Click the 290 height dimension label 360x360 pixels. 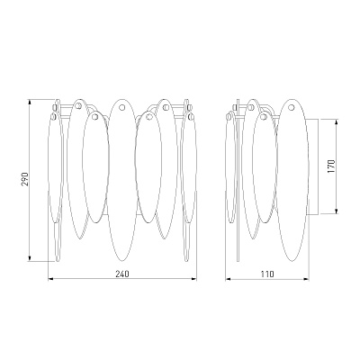[25, 179]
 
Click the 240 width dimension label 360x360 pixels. [122, 274]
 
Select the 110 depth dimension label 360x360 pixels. [267, 274]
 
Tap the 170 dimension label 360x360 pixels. [331, 166]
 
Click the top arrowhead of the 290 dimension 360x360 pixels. [30, 103]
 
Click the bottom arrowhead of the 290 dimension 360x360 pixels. [30, 258]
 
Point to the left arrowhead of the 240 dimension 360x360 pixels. [51, 279]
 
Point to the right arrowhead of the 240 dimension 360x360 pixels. [193, 279]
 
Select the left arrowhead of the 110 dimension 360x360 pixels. [229, 279]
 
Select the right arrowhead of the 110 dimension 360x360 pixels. [305, 279]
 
